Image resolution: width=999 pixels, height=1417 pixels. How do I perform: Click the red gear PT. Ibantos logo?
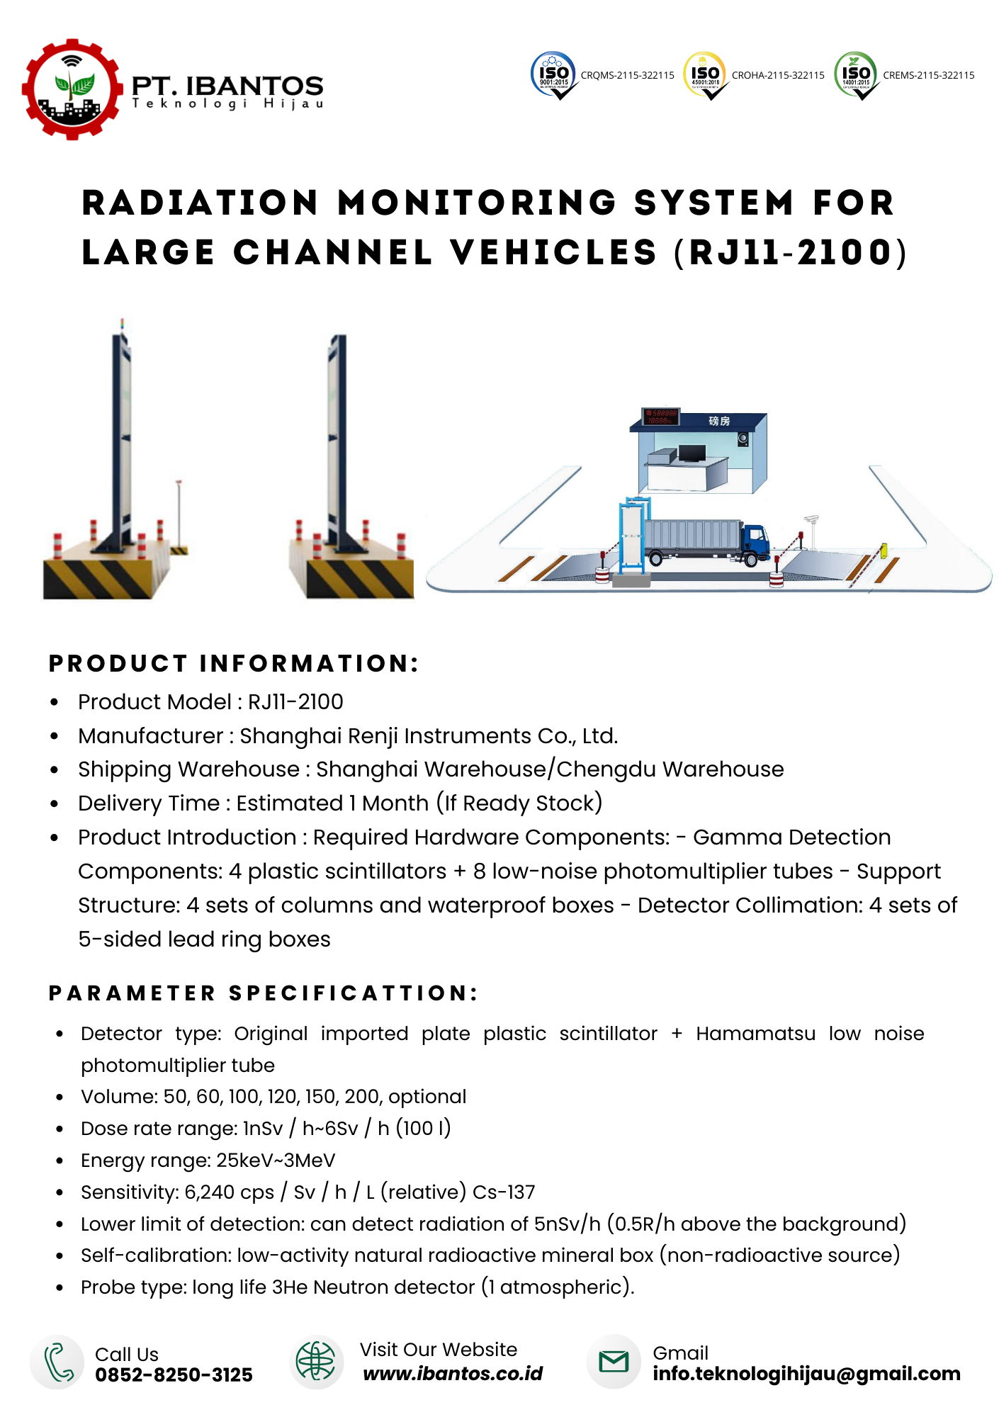point(72,89)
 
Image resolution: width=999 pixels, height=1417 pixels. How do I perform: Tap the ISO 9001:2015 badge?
point(554,74)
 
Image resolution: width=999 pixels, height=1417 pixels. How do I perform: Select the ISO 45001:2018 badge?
point(705,74)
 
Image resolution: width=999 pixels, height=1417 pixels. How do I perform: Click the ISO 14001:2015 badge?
point(856,74)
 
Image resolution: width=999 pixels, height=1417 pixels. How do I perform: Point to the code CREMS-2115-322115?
point(928,75)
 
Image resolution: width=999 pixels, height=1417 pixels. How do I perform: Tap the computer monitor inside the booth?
point(692,453)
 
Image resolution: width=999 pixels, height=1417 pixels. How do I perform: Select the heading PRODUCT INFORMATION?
point(234,664)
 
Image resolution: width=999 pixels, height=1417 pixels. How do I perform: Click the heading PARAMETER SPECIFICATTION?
point(264,993)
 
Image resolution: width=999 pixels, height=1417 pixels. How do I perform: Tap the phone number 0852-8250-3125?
point(174,1375)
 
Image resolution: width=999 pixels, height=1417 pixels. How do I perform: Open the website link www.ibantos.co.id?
point(453,1374)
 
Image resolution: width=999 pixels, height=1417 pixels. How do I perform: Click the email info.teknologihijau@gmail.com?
point(806,1374)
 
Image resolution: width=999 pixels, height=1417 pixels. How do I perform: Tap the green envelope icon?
point(614,1361)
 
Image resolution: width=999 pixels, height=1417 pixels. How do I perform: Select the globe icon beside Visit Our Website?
point(316,1361)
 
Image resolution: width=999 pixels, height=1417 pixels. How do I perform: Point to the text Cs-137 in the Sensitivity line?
point(504,1192)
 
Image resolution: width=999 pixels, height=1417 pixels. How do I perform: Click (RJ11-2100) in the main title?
point(791,253)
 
